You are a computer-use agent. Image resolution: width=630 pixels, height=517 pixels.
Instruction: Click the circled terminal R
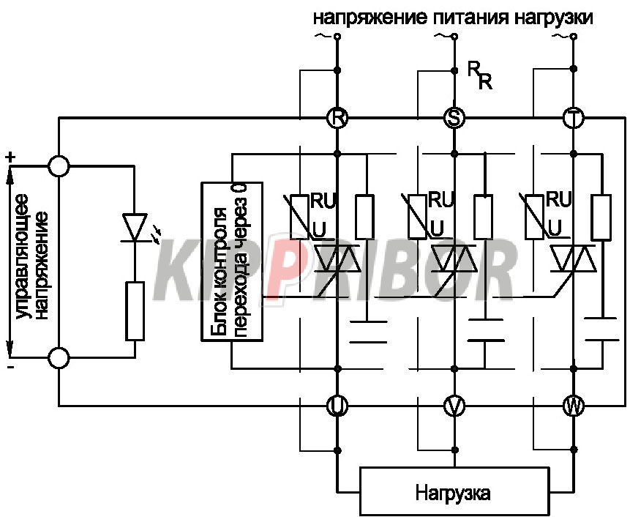337,118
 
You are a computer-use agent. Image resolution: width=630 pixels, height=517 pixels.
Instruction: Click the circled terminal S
454,118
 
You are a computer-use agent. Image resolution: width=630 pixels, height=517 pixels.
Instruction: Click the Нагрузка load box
454,491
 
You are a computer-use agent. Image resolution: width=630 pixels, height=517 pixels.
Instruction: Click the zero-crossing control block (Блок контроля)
232,261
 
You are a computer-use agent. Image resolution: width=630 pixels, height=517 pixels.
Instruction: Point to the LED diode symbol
134,228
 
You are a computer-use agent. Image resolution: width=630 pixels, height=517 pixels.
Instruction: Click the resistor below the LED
135,311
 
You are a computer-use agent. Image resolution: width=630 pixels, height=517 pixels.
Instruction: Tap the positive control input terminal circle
59,165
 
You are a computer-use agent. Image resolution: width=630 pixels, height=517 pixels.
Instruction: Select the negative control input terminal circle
59,357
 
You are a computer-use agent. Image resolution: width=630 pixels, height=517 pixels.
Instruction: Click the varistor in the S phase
416,216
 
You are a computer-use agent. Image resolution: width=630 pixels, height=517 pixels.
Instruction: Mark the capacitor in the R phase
368,332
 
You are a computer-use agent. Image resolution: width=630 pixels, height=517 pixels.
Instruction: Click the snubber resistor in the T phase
601,217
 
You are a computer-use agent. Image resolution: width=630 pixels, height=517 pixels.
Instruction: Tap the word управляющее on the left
23,257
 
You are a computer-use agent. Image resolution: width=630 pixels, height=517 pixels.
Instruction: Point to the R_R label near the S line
480,75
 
